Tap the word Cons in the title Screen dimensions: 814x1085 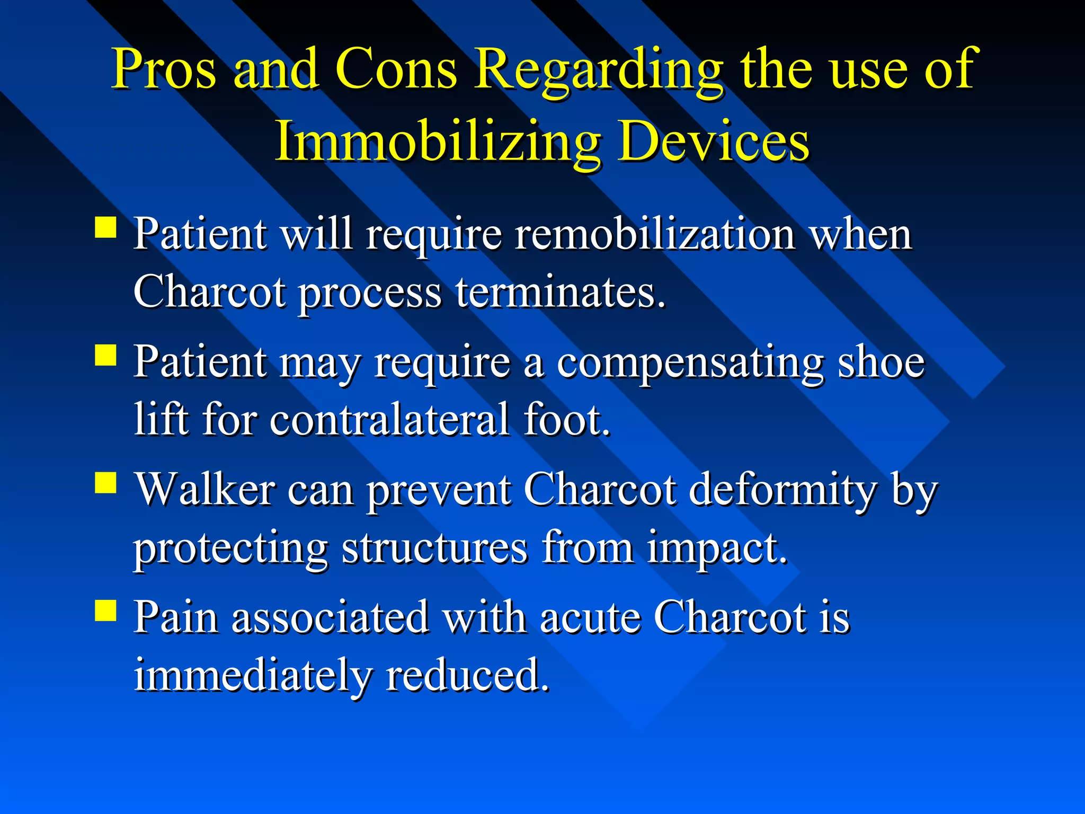point(395,69)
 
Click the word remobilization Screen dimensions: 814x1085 point(655,234)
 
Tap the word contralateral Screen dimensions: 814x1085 point(390,420)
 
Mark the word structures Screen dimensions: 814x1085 point(434,548)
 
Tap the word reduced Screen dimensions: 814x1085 point(467,676)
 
